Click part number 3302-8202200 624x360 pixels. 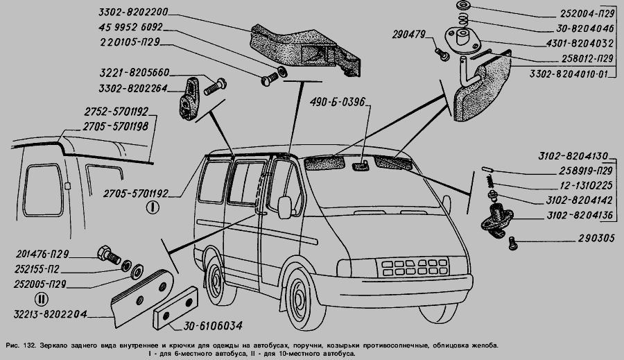pyautogui.click(x=133, y=12)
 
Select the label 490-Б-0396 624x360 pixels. pyautogui.click(x=338, y=103)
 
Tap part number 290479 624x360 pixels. pyautogui.click(x=408, y=35)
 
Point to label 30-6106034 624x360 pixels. pyautogui.click(x=213, y=326)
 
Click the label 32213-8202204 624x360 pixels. pyautogui.click(x=50, y=314)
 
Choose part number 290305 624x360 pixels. pyautogui.click(x=596, y=238)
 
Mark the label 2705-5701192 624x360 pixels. pyautogui.click(x=136, y=194)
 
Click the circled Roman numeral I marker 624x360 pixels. pyautogui.click(x=153, y=207)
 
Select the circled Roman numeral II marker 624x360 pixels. pyautogui.click(x=42, y=299)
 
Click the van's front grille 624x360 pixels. pyautogui.click(x=415, y=268)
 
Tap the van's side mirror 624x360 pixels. pyautogui.click(x=285, y=207)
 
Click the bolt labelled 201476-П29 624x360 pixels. pyautogui.click(x=108, y=255)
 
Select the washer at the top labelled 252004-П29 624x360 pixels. pyautogui.click(x=463, y=6)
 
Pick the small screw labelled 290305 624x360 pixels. pyautogui.click(x=512, y=243)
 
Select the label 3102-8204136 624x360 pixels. pyautogui.click(x=580, y=216)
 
